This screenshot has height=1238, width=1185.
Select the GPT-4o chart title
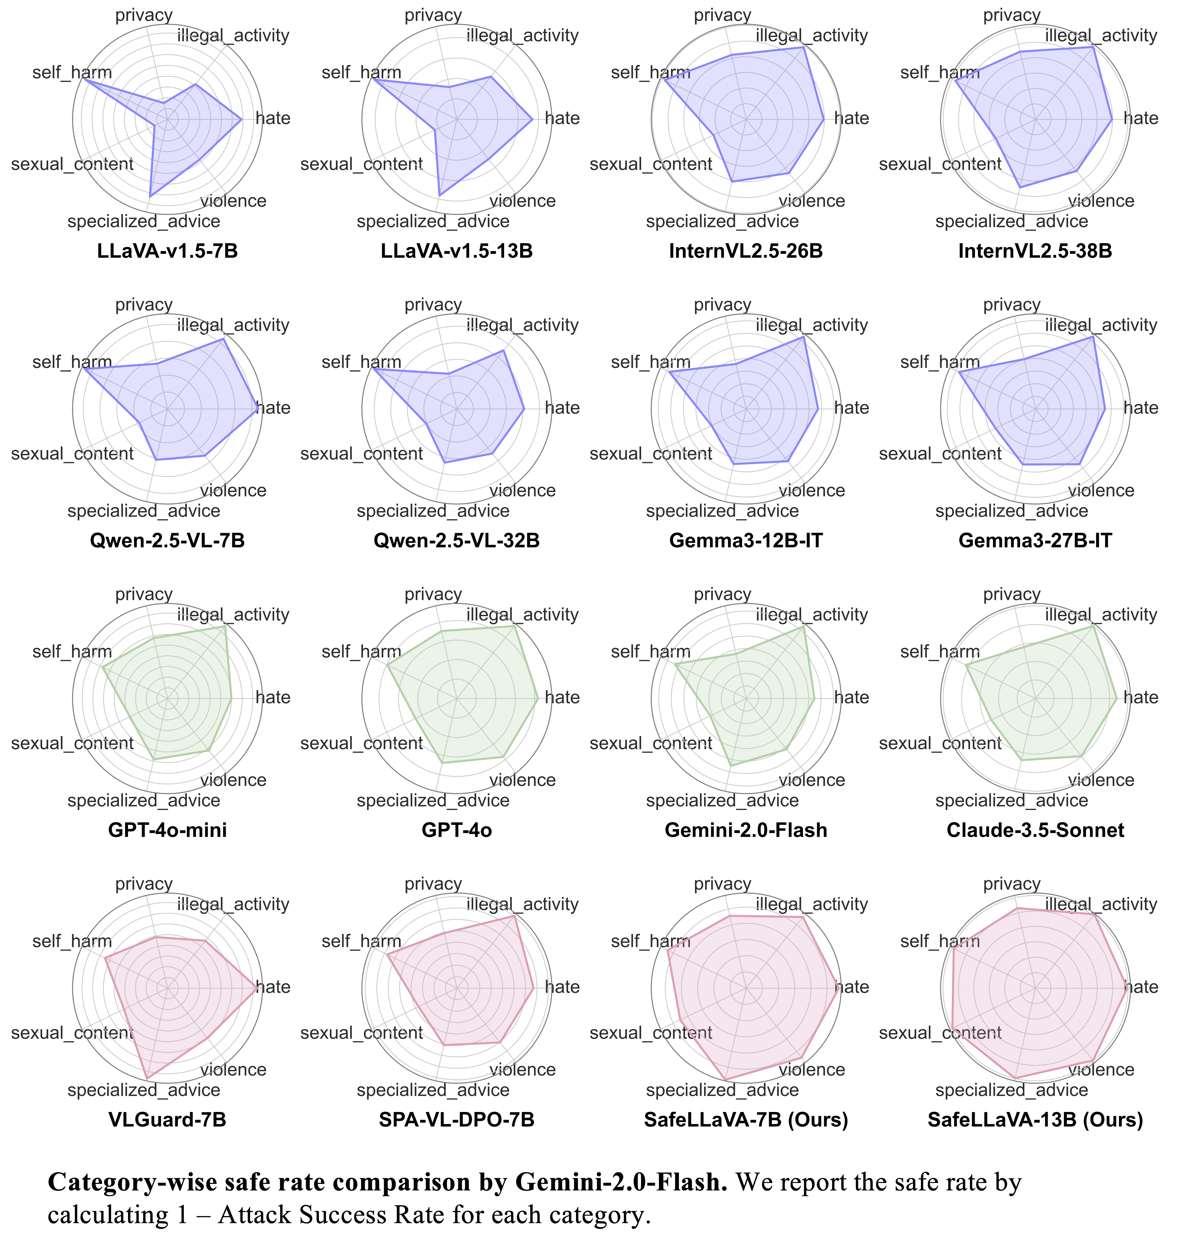point(457,830)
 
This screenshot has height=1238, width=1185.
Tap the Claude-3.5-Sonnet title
point(1035,830)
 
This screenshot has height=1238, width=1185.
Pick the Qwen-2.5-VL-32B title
point(457,541)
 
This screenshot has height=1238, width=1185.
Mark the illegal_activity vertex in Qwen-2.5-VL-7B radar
point(223,339)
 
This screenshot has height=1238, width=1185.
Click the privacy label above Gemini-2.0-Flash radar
point(722,594)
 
